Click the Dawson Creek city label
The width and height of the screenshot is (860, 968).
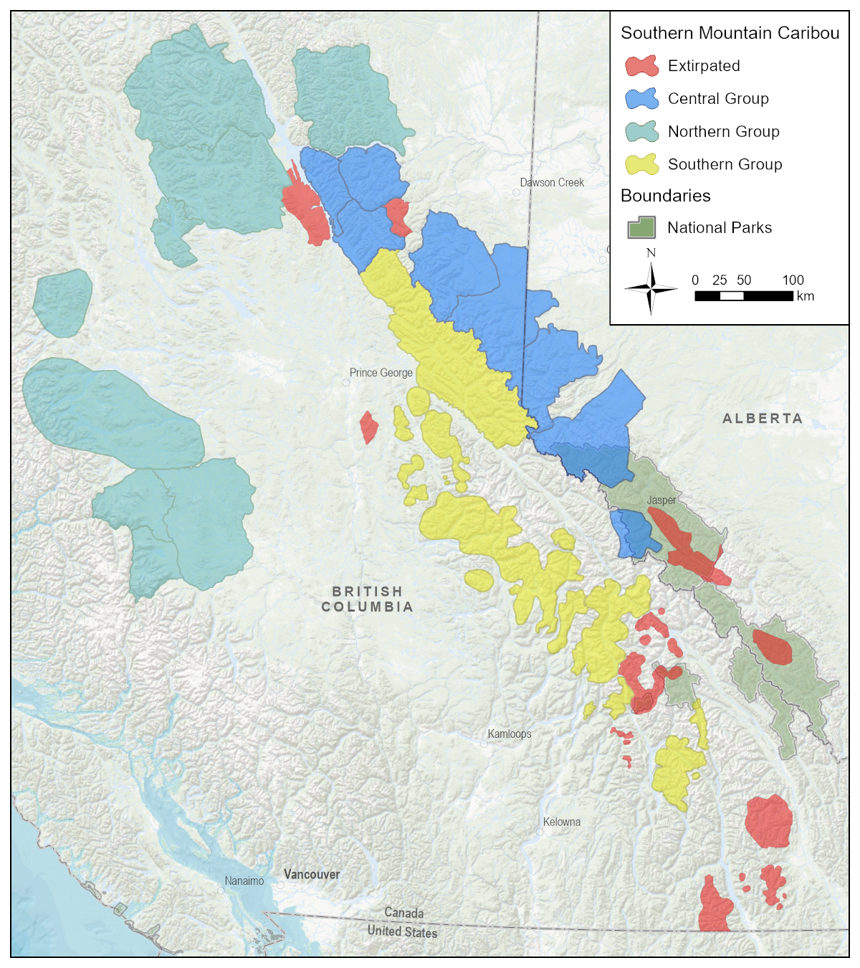tap(552, 183)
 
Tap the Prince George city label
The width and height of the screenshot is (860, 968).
tap(381, 373)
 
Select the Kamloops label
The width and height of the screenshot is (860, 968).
tap(510, 734)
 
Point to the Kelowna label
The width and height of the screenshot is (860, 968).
tap(562, 822)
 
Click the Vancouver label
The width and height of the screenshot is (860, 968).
tap(312, 875)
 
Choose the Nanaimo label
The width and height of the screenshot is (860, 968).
tap(244, 881)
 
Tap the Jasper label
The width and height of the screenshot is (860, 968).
tap(661, 500)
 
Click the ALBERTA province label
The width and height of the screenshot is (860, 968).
tap(763, 419)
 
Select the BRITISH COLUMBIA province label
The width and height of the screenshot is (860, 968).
tap(367, 599)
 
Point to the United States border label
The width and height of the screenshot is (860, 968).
tap(402, 931)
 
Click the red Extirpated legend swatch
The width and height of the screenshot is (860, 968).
tap(641, 66)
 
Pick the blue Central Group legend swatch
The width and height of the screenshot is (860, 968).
tap(641, 99)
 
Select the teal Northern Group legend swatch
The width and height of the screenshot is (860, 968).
tap(641, 132)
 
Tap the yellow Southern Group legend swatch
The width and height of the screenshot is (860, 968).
tap(641, 165)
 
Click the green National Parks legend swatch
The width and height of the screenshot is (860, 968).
tap(641, 228)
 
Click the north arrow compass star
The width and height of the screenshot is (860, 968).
tap(651, 288)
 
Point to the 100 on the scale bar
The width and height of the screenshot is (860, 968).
tap(793, 280)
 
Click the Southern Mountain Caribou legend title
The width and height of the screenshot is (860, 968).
tap(730, 34)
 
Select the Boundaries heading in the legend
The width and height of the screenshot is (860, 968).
tap(665, 196)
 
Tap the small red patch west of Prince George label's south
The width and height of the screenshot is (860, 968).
tap(368, 427)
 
